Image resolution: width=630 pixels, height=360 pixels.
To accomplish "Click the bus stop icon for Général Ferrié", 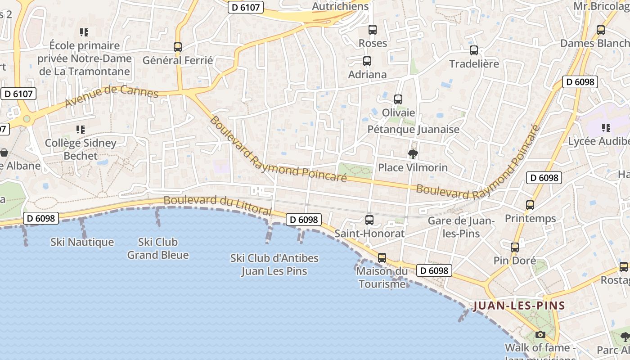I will tap(178, 47).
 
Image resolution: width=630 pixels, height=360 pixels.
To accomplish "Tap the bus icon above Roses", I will tap(373, 30).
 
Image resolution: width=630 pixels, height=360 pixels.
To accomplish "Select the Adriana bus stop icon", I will tap(367, 61).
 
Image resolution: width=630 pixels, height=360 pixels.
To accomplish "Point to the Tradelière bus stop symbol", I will tap(473, 50).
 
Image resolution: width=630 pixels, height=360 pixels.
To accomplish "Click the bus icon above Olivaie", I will tap(398, 99).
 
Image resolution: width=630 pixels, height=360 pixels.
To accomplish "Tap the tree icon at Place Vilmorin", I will tap(413, 154).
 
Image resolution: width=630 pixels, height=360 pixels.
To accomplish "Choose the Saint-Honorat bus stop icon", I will tap(369, 220).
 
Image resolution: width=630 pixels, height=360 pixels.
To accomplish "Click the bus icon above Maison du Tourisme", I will tap(382, 257).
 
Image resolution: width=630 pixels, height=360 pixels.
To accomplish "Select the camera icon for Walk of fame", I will tap(540, 334).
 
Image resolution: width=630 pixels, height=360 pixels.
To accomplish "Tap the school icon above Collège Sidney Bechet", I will tap(81, 130).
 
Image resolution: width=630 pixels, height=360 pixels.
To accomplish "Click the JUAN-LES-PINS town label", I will tap(519, 306).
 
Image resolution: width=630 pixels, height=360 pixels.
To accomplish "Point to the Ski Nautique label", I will tap(82, 242).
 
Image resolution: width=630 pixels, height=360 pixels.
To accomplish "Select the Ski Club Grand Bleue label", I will tap(158, 248).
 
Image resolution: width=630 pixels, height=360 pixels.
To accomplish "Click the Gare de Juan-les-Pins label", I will tap(461, 227).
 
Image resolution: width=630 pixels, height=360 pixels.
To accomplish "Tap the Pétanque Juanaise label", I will tap(414, 130).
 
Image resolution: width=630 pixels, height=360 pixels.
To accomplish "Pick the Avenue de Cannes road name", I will tap(112, 95).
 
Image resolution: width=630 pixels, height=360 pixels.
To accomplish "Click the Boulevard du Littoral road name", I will tap(217, 204).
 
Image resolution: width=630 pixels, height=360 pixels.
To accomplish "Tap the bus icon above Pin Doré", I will tap(515, 247).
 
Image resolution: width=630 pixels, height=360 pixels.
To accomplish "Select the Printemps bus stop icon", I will tap(530, 205).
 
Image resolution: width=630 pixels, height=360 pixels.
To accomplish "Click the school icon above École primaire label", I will tap(84, 32).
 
